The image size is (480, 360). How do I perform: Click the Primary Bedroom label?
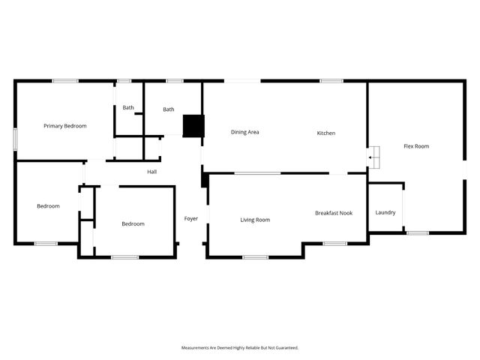click(x=64, y=126)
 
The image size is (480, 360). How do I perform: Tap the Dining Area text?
click(x=244, y=132)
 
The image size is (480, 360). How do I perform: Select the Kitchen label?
click(x=325, y=133)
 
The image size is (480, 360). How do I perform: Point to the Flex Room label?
click(x=416, y=146)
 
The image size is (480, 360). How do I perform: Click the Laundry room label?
click(x=385, y=212)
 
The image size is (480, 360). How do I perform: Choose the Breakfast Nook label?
click(x=333, y=213)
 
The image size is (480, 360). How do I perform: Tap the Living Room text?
click(x=255, y=220)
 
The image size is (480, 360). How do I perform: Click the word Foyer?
click(x=191, y=218)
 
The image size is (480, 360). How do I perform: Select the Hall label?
click(x=151, y=172)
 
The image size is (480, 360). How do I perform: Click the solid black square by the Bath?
click(x=193, y=125)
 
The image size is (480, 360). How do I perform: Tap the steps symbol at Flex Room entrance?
click(x=373, y=157)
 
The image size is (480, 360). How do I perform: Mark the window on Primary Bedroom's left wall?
click(x=15, y=141)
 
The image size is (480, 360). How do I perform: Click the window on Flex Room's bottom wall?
click(x=417, y=232)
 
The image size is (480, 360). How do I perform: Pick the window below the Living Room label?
click(x=255, y=257)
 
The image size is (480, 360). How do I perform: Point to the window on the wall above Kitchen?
click(x=331, y=81)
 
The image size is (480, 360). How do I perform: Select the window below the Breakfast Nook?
click(x=334, y=243)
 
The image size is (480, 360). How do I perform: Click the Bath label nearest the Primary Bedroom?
click(x=128, y=107)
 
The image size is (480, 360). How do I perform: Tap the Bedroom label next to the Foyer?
click(x=133, y=223)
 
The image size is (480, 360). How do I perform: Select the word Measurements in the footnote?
click(x=196, y=348)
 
